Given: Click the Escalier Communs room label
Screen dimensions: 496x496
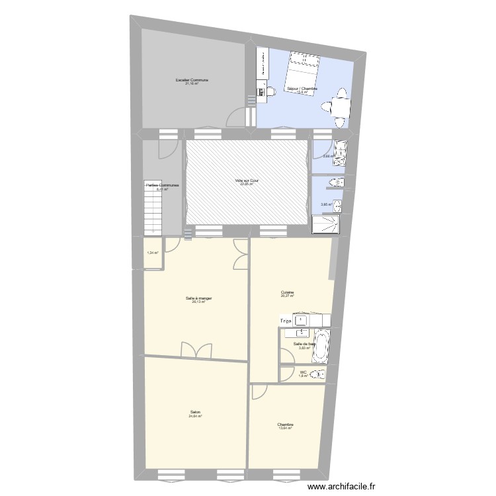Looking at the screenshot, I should coord(192,80).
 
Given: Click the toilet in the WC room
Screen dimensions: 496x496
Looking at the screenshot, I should coord(320,375).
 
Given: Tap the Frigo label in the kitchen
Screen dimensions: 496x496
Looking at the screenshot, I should coord(286,321).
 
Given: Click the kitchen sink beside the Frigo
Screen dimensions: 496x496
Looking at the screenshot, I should coord(302,321).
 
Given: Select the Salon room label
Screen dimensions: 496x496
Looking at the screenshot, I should coord(194,412).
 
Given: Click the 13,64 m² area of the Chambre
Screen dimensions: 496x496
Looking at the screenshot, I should coord(286,429).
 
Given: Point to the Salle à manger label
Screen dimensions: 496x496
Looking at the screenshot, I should coord(198,298).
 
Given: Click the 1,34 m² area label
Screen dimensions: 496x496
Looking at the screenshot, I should coord(152,253).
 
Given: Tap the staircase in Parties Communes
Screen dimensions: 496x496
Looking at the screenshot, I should coord(154,209).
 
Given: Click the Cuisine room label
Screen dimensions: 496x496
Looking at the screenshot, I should coord(287,292).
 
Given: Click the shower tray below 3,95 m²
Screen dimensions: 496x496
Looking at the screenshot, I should coord(326,225).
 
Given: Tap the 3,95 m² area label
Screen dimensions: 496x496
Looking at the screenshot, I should coord(325,204).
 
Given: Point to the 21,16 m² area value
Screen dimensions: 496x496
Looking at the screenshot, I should coord(192,84).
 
